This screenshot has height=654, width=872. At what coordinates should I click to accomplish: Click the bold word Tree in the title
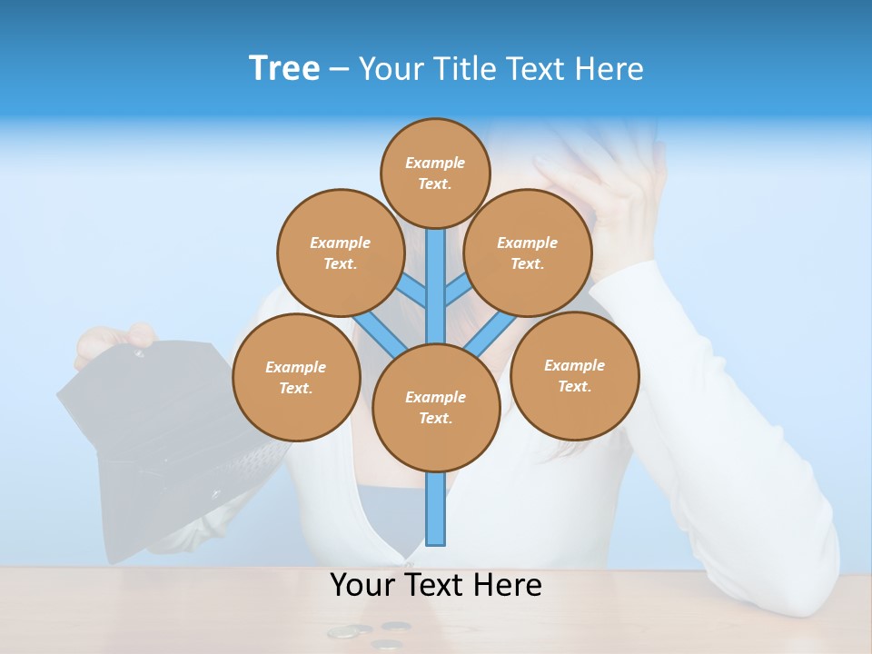284,68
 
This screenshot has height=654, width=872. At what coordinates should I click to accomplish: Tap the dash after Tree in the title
339,70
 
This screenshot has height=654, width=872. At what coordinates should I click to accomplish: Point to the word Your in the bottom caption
363,585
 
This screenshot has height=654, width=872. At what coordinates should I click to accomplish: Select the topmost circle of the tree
435,173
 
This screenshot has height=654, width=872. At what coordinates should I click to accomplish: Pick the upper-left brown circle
340,253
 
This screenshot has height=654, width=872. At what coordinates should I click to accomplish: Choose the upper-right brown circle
528,253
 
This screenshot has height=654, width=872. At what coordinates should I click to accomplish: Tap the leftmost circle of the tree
296,377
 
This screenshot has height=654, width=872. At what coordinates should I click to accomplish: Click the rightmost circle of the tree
574,375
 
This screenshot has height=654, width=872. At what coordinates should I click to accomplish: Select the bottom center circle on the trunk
436,407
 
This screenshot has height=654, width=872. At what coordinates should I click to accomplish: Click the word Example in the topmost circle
435,163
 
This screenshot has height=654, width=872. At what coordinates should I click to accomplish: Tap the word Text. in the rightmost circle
574,386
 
